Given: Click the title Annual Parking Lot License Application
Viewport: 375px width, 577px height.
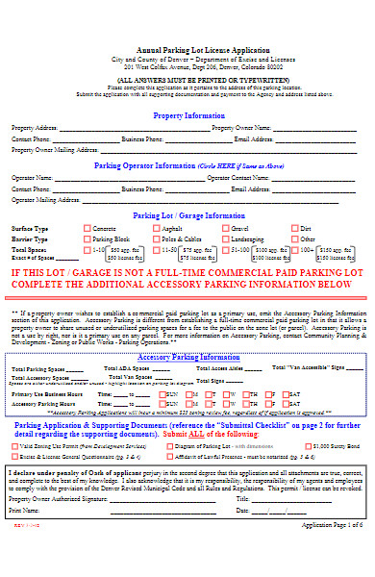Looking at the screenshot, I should [x=188, y=49].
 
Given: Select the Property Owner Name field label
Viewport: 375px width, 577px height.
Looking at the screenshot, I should [x=242, y=128].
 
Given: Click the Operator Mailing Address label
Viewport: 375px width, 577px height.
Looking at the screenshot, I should [x=45, y=201].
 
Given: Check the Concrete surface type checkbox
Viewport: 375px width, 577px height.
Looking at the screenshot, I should [x=87, y=229].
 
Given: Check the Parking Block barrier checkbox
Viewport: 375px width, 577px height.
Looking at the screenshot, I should [x=87, y=239].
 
